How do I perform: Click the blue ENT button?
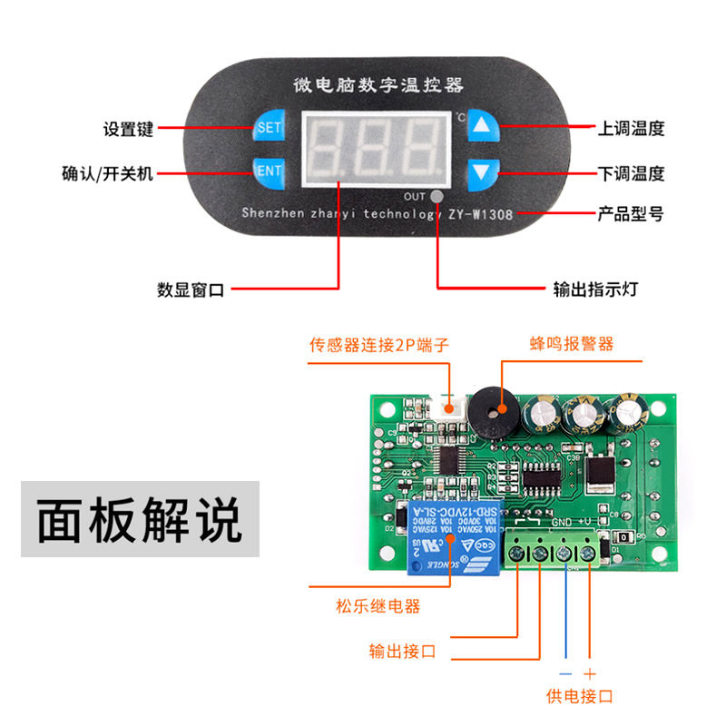pyautogui.click(x=270, y=171)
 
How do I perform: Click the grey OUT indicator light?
pyautogui.click(x=437, y=196)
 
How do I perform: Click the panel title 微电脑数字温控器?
pyautogui.click(x=378, y=85)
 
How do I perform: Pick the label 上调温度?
pyautogui.click(x=631, y=128)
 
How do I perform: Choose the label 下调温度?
pyautogui.click(x=631, y=172)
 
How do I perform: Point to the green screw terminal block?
pyautogui.click(x=554, y=550)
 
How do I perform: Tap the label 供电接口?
pyautogui.click(x=579, y=697)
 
